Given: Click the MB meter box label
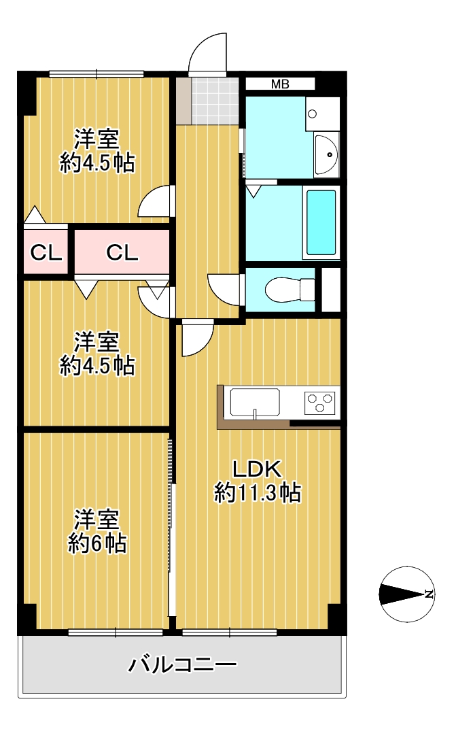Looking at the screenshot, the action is click(x=280, y=84).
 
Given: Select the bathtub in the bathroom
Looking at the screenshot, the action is click(x=321, y=222).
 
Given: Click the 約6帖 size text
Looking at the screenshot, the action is click(x=97, y=543).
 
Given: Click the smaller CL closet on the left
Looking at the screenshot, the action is click(x=46, y=253).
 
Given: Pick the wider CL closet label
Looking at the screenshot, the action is click(x=122, y=253).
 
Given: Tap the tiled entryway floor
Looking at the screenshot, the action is click(x=214, y=101).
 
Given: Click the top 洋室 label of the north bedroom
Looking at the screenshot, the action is click(x=97, y=138).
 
